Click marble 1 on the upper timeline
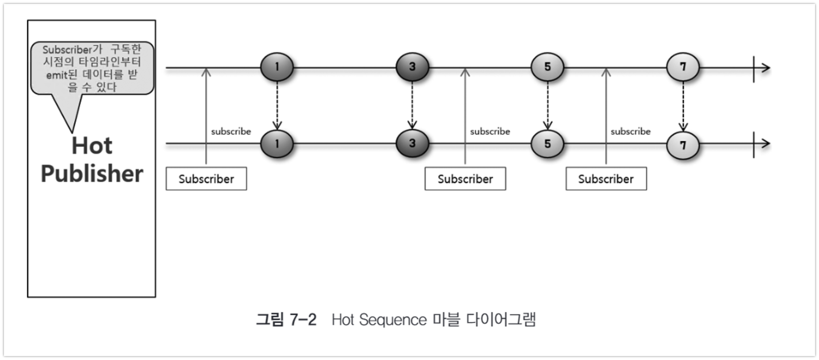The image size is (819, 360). click(x=277, y=67)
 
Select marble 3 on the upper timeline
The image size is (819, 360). click(x=412, y=67)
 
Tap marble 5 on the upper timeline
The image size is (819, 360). click(x=548, y=67)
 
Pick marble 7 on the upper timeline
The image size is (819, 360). click(x=683, y=67)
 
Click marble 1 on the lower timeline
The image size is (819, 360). click(x=277, y=144)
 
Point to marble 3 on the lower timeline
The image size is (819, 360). click(x=412, y=144)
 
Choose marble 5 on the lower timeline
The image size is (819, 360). click(x=548, y=144)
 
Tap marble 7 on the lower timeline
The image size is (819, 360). click(x=683, y=145)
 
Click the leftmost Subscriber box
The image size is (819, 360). click(x=206, y=179)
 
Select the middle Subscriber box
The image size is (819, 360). click(x=465, y=179)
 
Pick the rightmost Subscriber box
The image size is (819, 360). click(x=606, y=179)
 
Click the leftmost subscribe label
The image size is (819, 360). click(x=231, y=131)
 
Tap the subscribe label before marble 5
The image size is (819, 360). click(x=490, y=131)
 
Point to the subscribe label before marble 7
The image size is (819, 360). click(x=630, y=131)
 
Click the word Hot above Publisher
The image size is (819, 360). click(x=92, y=146)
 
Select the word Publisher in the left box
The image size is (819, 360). click(x=92, y=174)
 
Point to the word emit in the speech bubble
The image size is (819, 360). click(x=55, y=75)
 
